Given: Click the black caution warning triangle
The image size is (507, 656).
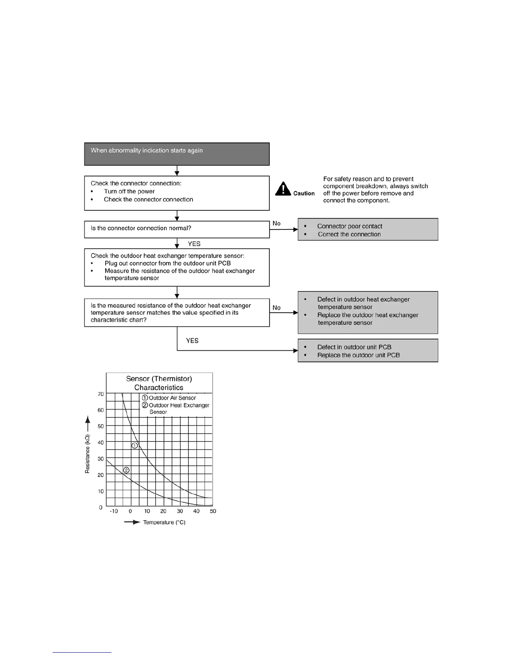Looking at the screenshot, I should click(283, 189).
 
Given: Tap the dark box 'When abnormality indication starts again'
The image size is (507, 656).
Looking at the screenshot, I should click(177, 154).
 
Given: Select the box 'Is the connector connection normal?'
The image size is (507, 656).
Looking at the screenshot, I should click(177, 229).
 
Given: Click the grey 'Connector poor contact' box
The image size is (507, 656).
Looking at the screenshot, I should click(368, 229).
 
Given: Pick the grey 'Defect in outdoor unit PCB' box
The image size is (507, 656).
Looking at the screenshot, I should click(368, 351).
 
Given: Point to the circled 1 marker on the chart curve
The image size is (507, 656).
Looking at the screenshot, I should click(135, 446).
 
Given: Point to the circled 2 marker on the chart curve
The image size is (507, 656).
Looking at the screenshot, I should click(126, 470).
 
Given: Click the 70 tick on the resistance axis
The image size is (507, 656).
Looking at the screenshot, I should click(101, 394).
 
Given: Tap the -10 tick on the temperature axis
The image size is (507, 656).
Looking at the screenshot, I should click(114, 511).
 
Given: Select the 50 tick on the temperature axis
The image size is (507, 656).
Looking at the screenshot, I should click(213, 511).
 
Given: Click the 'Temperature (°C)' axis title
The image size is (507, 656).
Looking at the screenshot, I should click(164, 523).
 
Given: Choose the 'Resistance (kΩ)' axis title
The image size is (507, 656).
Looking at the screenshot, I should click(87, 454).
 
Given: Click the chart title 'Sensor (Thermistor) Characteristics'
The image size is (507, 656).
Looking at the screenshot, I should click(159, 383).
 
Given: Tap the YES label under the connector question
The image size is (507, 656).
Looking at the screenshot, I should click(194, 244).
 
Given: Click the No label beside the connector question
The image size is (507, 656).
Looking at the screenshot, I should click(276, 224).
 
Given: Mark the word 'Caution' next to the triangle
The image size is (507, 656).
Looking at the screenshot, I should click(304, 193).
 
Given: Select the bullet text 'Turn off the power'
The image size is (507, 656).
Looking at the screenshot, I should click(129, 191).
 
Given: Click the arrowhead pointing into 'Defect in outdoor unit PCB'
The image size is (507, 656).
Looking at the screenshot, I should click(295, 351).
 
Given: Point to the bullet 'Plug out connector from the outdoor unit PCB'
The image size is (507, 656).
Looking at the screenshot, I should click(167, 263).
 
